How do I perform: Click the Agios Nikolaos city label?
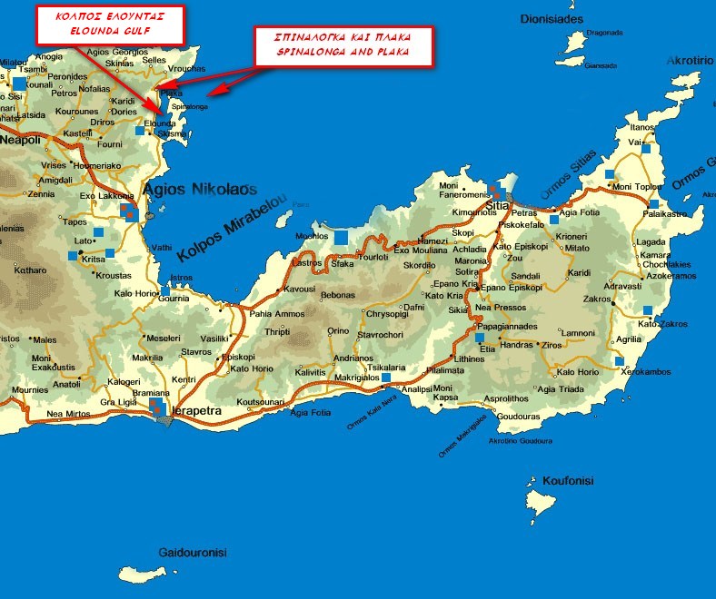point(200,191)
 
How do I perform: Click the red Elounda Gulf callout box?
point(110,24)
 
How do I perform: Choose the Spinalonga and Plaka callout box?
point(343,44)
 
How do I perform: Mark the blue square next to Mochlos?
point(341,238)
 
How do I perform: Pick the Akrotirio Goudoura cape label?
point(521,441)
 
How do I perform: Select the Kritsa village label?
point(94,260)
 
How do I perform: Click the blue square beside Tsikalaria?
point(386,377)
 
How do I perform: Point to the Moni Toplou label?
point(637,187)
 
